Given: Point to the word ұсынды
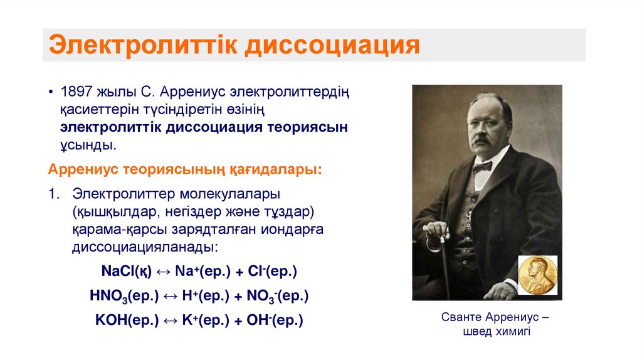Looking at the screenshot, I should coord(87,144).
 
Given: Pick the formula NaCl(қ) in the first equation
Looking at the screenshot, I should coord(127,272).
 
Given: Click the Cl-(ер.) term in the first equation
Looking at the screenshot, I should coord(273,272).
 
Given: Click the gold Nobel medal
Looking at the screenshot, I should coord(537,274).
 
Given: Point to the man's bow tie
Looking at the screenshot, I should coord(481,167).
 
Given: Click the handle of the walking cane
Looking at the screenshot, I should coord(436,238).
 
